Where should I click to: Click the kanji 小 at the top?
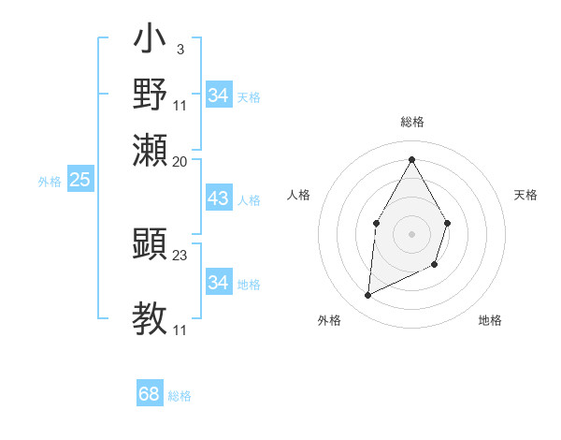click(150, 42)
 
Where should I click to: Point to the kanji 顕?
click(150, 243)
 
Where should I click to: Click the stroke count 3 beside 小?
click(180, 48)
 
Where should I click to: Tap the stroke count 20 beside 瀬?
click(180, 161)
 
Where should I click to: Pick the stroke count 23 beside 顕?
click(180, 255)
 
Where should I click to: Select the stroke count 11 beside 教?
click(180, 330)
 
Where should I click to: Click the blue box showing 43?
click(218, 198)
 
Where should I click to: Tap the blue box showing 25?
click(79, 180)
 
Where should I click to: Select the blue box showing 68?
click(149, 394)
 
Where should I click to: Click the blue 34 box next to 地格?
click(218, 282)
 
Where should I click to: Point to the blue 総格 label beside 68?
click(180, 396)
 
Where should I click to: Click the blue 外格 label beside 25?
click(50, 182)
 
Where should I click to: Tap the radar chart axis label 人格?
click(299, 195)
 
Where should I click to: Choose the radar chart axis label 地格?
click(490, 320)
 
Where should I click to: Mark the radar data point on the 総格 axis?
click(411, 159)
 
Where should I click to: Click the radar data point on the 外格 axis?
click(368, 296)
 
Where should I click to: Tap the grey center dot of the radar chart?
click(411, 234)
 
